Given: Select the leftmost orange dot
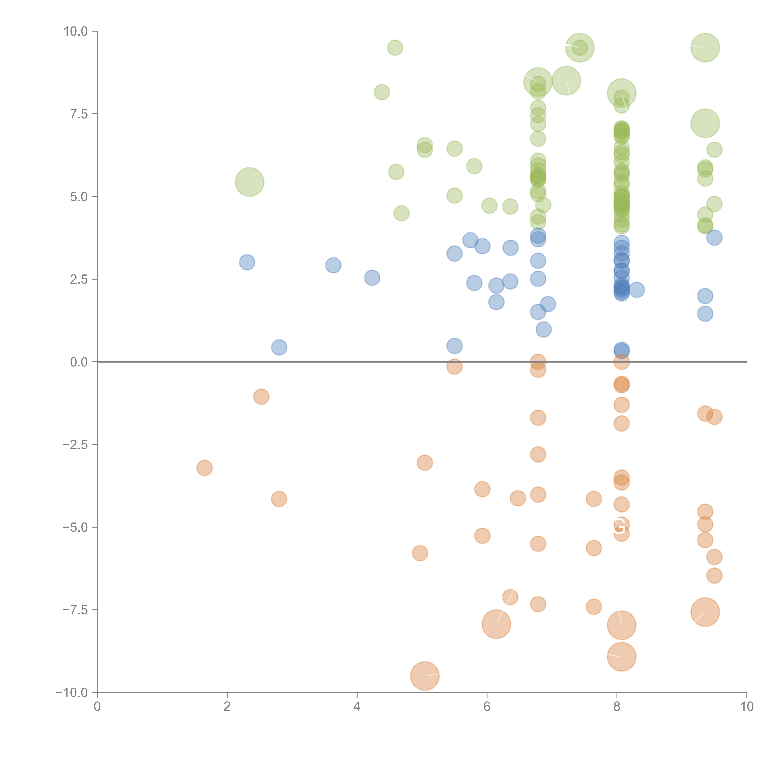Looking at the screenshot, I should [x=205, y=468].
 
